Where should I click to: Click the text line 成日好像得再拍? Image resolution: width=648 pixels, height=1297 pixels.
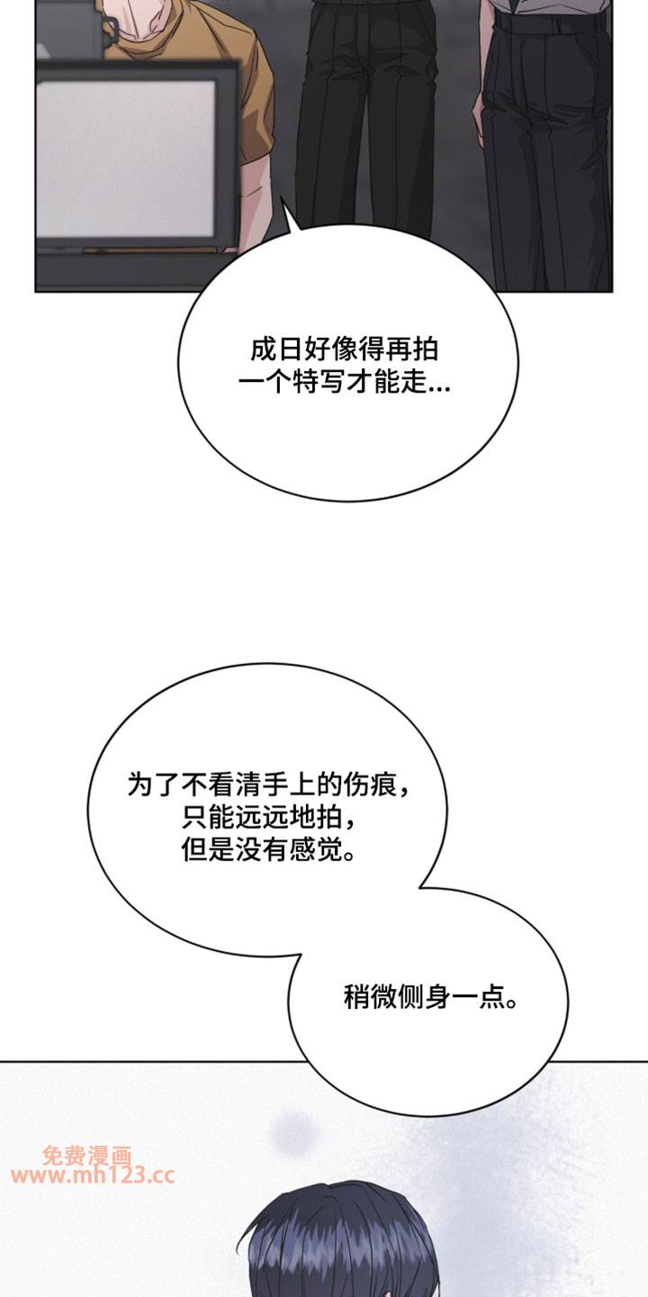pos(346,349)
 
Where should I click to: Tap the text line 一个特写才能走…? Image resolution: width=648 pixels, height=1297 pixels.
pos(346,385)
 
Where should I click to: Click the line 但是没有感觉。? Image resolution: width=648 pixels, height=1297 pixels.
pos(266,849)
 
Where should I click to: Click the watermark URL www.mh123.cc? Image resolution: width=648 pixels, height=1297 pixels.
pos(94,1175)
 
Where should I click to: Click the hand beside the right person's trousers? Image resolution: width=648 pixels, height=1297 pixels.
pos(479,126)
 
